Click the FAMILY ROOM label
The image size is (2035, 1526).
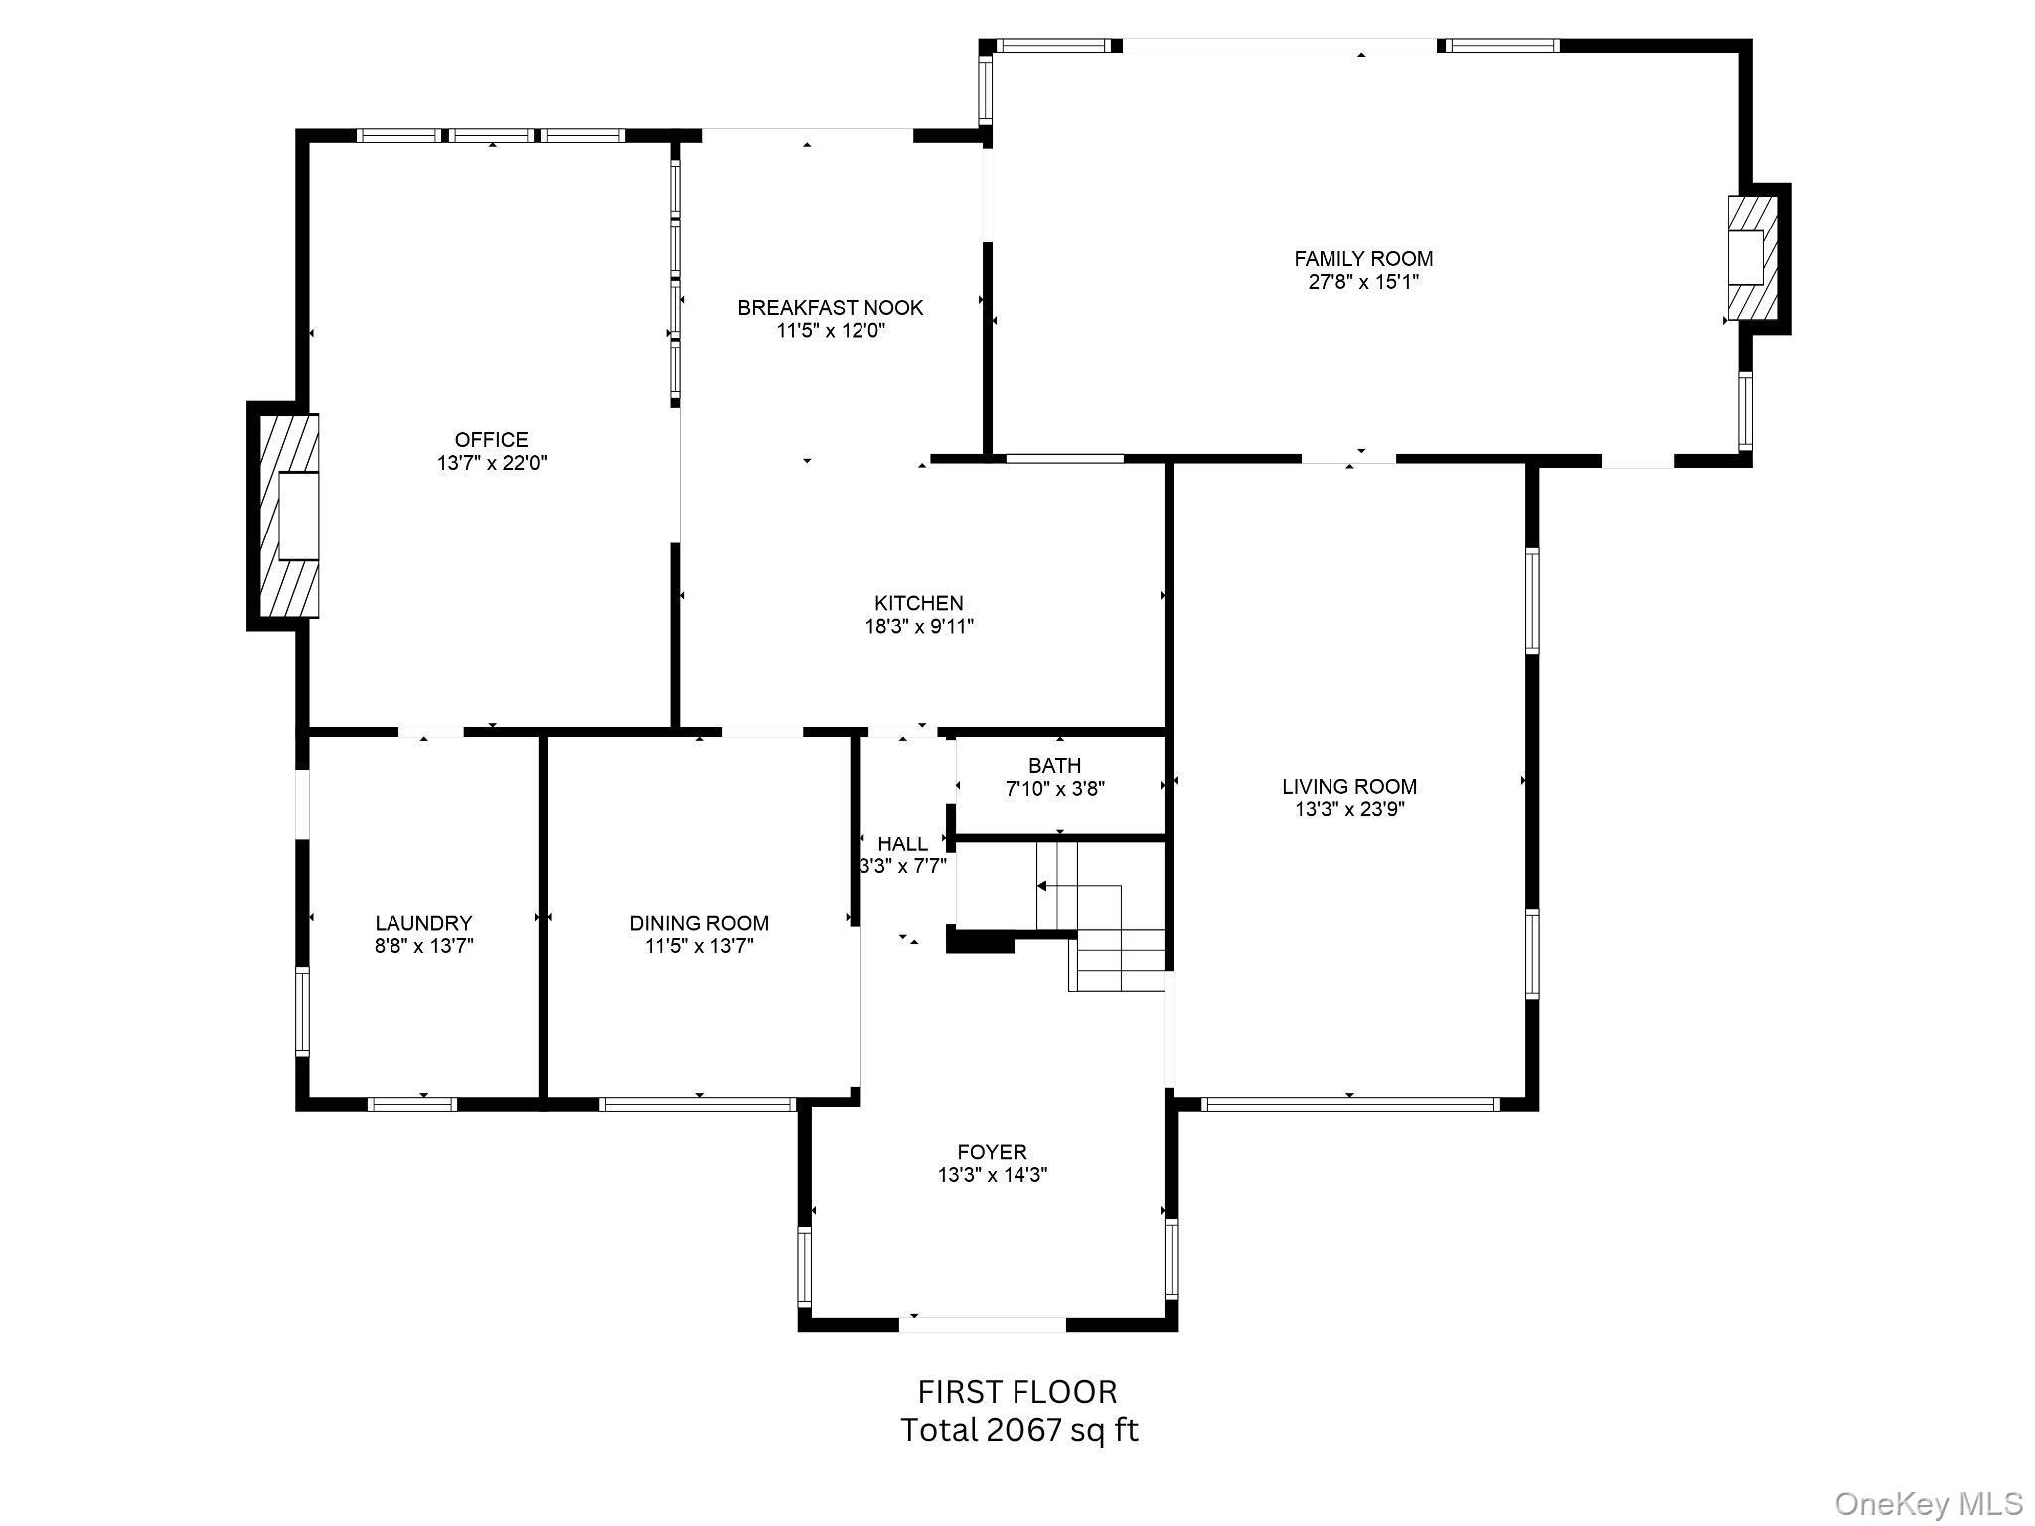(x=1362, y=259)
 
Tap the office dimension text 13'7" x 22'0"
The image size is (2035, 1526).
(x=492, y=463)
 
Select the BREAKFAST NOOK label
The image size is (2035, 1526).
(x=830, y=308)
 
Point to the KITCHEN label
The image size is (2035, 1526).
(x=918, y=603)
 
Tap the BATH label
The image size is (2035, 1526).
(x=1054, y=766)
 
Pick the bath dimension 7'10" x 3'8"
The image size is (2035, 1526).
(x=1054, y=789)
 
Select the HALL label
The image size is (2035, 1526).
(x=902, y=844)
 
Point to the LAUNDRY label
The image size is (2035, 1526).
(x=423, y=923)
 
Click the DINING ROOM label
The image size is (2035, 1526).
(x=699, y=923)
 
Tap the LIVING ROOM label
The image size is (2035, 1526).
(x=1348, y=787)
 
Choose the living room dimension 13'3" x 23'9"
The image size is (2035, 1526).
(x=1348, y=810)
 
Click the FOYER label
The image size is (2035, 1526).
(x=992, y=1152)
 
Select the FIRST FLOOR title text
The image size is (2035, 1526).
(x=1017, y=1391)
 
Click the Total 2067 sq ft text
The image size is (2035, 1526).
(x=1018, y=1431)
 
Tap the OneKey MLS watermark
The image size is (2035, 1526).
(x=1928, y=1504)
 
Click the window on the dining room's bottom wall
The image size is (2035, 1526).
(x=698, y=1103)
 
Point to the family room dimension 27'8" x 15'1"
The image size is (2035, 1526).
(x=1362, y=282)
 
